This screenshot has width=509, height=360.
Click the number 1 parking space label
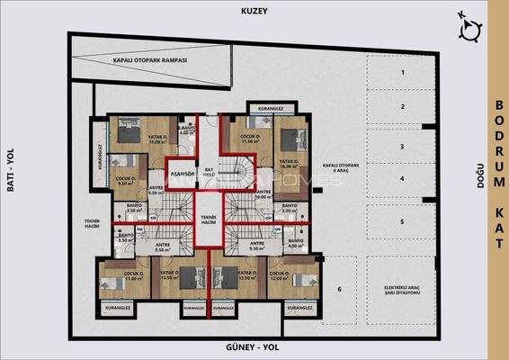point(403,72)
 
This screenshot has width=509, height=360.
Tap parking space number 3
point(403,146)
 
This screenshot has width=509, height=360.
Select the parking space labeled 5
point(403,221)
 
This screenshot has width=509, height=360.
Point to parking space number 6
point(340,289)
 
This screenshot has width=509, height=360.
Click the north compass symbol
point(469,29)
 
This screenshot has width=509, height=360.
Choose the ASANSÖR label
point(183,172)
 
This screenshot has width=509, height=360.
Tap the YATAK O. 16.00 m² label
point(288,164)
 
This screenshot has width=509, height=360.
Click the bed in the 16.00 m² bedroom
point(290,141)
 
